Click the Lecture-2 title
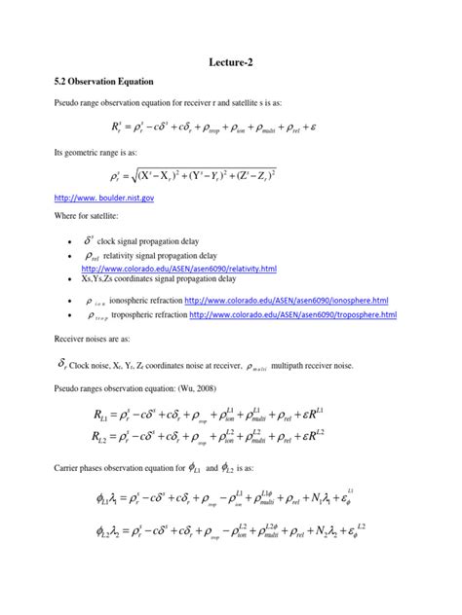231,60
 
